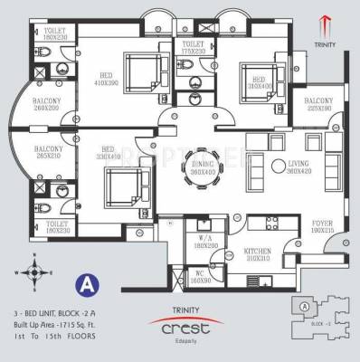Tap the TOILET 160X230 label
[53, 34]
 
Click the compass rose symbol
[33, 271]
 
